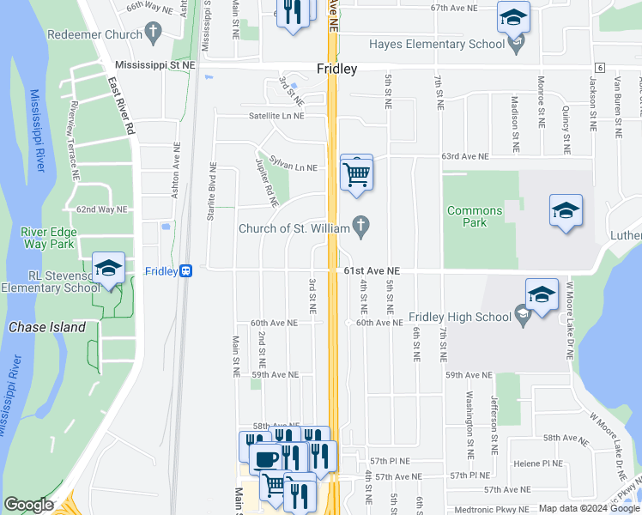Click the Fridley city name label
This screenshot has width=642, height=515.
pyautogui.click(x=336, y=70)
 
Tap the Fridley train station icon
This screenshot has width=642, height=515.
pyautogui.click(x=185, y=270)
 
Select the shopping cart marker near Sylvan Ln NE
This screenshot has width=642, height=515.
pyautogui.click(x=356, y=174)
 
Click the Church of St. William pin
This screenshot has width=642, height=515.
pyautogui.click(x=361, y=227)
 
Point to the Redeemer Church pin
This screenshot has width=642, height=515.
pyautogui.click(x=154, y=33)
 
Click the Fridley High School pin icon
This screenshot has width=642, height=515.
pyautogui.click(x=522, y=317)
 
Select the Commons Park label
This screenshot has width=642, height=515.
pyautogui.click(x=475, y=216)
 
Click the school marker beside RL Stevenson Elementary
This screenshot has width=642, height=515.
pyautogui.click(x=109, y=269)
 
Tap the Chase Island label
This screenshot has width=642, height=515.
pyautogui.click(x=47, y=327)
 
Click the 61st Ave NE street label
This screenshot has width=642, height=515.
pyautogui.click(x=373, y=270)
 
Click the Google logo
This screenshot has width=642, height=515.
pyautogui.click(x=28, y=505)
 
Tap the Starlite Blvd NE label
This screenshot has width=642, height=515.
pyautogui.click(x=210, y=194)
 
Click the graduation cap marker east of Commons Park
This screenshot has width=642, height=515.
pyautogui.click(x=566, y=210)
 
